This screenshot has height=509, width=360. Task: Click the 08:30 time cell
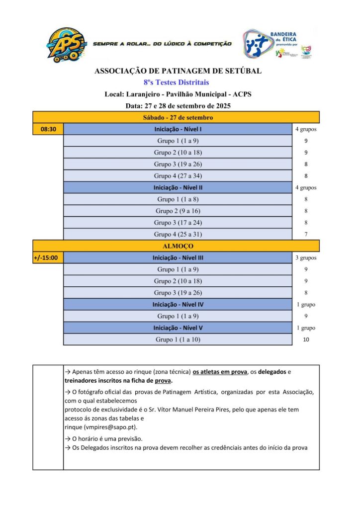click(48, 129)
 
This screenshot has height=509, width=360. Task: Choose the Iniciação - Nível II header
click(178, 188)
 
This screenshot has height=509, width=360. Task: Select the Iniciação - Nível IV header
click(178, 305)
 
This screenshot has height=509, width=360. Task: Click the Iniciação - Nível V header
click(178, 328)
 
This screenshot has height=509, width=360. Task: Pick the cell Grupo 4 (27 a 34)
click(178, 176)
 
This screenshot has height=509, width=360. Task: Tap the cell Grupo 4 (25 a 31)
click(178, 235)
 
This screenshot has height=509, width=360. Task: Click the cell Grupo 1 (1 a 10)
click(178, 340)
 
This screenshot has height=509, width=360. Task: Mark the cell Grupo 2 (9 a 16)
click(178, 211)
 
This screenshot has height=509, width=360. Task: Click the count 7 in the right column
click(306, 235)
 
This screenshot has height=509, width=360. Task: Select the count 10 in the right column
click(306, 340)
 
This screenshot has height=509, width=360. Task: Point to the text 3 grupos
click(306, 258)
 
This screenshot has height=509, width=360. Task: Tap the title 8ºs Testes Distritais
click(178, 83)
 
